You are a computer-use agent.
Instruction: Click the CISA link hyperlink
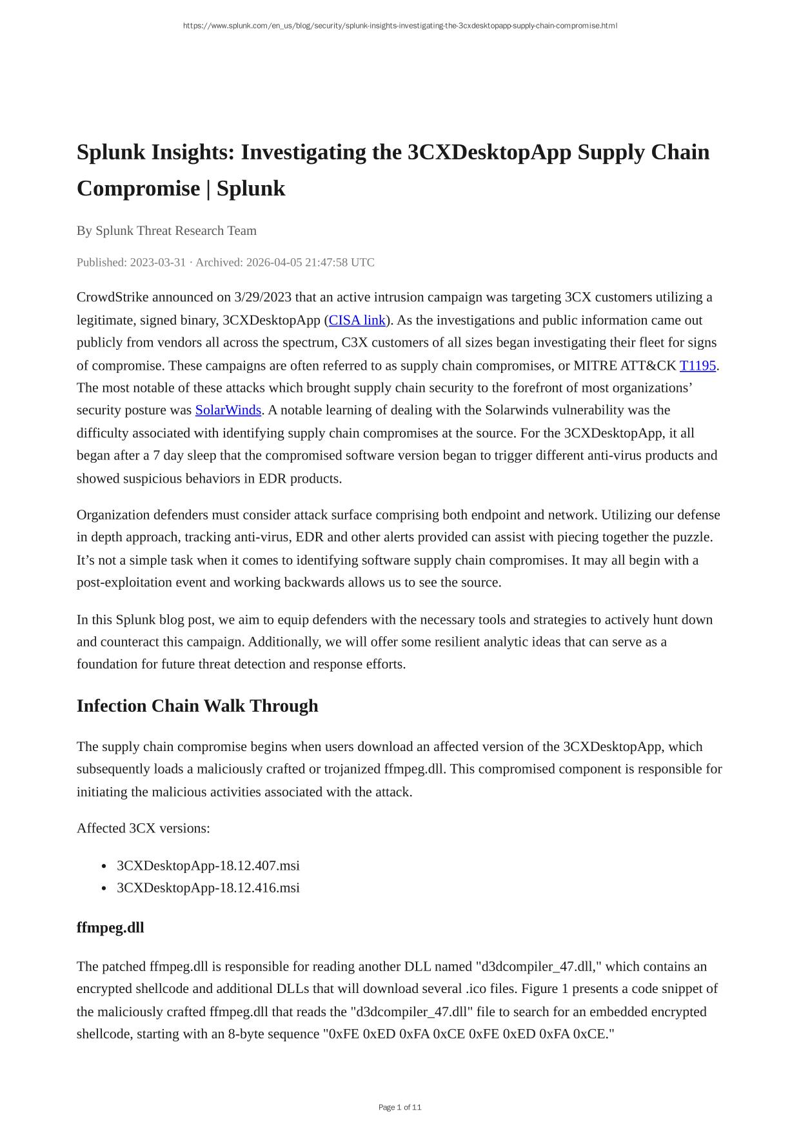[x=357, y=320]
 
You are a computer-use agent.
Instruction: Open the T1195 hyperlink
[x=698, y=366]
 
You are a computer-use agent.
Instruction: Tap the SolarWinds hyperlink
[x=228, y=410]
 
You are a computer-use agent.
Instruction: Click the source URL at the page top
[x=400, y=26]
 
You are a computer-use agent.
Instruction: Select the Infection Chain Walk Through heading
[x=197, y=706]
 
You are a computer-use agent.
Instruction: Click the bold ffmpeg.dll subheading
[x=110, y=928]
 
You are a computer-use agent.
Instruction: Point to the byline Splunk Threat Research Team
[x=176, y=231]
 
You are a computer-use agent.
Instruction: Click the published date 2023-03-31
[x=158, y=263]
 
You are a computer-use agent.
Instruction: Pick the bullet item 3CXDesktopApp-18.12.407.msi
[x=208, y=865]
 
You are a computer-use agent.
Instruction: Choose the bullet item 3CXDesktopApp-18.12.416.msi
[x=208, y=888]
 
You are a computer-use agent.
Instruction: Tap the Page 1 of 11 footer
[x=400, y=1107]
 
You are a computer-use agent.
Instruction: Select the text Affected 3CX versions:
[x=143, y=828]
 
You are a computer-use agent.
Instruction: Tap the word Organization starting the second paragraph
[x=114, y=515]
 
